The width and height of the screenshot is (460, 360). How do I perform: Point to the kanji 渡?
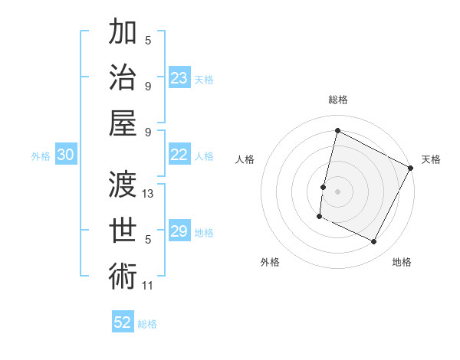pyautogui.click(x=123, y=184)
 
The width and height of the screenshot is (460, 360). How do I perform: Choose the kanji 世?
pyautogui.click(x=123, y=229)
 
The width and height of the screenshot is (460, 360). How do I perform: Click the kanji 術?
pyautogui.click(x=123, y=275)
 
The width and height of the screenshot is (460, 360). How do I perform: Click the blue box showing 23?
pyautogui.click(x=179, y=78)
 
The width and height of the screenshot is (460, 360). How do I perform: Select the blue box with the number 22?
pyautogui.click(x=179, y=155)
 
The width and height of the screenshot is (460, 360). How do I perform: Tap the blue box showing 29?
pyautogui.click(x=179, y=231)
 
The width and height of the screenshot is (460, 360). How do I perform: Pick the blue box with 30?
pyautogui.click(x=65, y=155)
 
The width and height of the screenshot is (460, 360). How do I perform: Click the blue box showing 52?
pyautogui.click(x=123, y=322)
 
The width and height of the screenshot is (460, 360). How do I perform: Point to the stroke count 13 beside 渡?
pyautogui.click(x=149, y=194)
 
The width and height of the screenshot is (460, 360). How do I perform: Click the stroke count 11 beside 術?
pyautogui.click(x=148, y=286)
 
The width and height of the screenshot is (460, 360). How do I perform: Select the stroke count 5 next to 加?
pyautogui.click(x=148, y=41)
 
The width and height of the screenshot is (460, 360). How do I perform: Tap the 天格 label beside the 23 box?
pyautogui.click(x=205, y=79)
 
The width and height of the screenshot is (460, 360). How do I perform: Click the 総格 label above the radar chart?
pyautogui.click(x=337, y=100)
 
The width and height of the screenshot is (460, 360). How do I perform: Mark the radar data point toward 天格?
pyautogui.click(x=411, y=168)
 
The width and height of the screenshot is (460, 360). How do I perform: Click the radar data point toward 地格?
pyautogui.click(x=374, y=242)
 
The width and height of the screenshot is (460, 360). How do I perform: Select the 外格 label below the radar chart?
pyautogui.click(x=270, y=262)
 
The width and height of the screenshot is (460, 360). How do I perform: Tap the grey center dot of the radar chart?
pyautogui.click(x=337, y=191)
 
